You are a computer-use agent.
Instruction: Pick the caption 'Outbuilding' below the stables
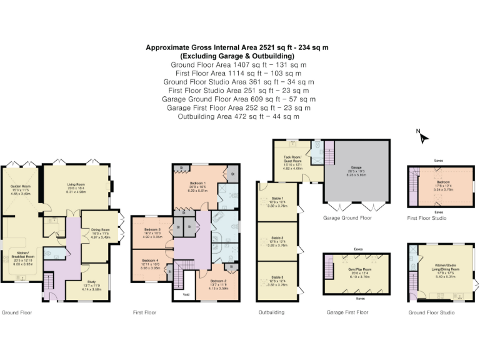271,311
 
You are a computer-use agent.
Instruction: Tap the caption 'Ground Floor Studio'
431,311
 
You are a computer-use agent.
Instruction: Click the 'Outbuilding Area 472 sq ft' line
239,116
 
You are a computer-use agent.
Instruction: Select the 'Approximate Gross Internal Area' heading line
239,47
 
